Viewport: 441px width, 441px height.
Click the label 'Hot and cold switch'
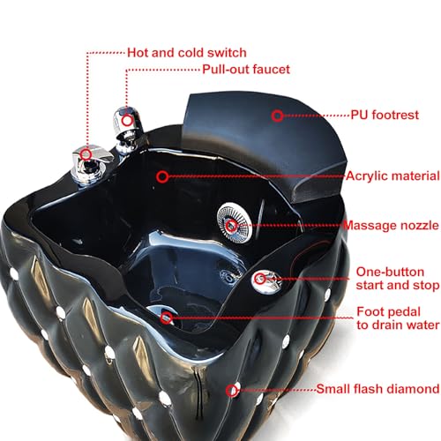coord(187,53)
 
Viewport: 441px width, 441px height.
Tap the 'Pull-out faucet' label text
coord(246,70)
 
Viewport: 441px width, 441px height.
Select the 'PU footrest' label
coord(385,115)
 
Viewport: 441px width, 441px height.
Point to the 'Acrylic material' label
coord(392,176)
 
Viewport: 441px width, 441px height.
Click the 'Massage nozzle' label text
coord(391,226)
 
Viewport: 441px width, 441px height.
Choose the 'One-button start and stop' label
coord(398,279)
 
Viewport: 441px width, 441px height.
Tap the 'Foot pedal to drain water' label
coord(398,318)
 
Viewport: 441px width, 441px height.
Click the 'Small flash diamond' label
coord(377,389)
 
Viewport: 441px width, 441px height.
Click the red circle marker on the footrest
coord(277,116)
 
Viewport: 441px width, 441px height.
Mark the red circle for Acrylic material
coord(162,176)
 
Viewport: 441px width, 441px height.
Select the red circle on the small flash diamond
coord(232,391)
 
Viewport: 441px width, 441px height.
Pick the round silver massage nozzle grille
coord(234,222)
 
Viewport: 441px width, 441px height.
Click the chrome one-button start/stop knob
coord(266,280)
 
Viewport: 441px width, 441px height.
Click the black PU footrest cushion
coord(265,144)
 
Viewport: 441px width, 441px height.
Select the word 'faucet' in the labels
coord(271,70)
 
